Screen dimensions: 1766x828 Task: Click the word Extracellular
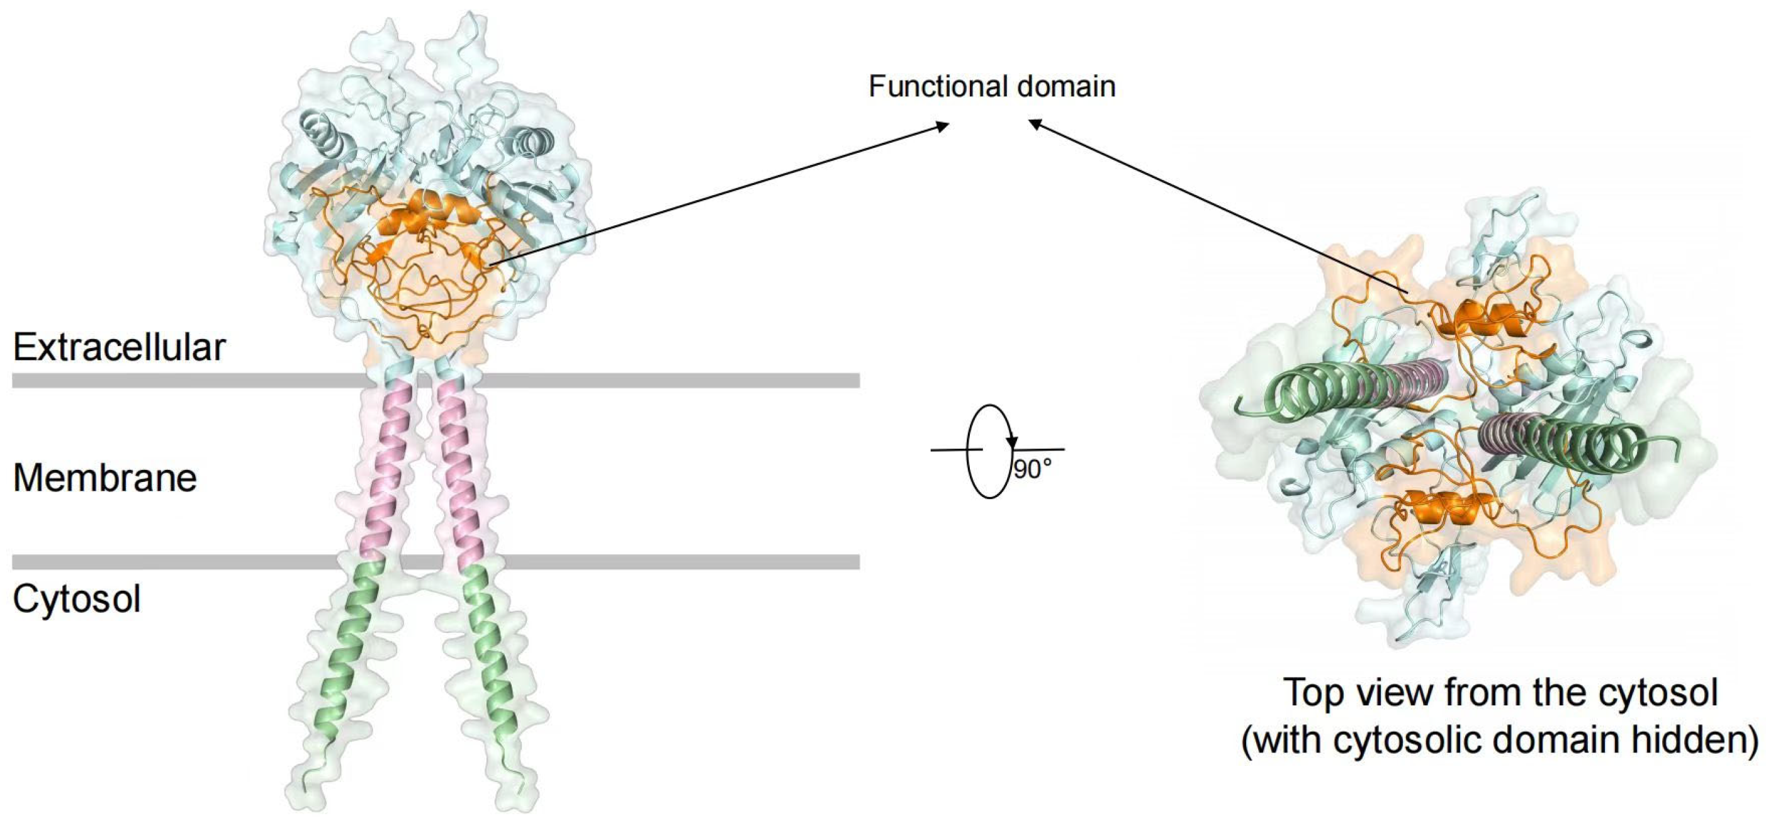[118, 347]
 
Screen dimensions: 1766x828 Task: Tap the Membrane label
[105, 478]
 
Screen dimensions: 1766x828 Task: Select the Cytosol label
[77, 599]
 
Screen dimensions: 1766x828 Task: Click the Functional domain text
[991, 86]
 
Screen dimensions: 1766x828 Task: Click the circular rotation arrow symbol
[989, 450]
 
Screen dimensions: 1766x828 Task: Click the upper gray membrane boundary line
[651, 381]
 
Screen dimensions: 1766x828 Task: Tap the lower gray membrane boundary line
[651, 562]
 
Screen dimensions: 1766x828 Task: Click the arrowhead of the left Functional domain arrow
[943, 125]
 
